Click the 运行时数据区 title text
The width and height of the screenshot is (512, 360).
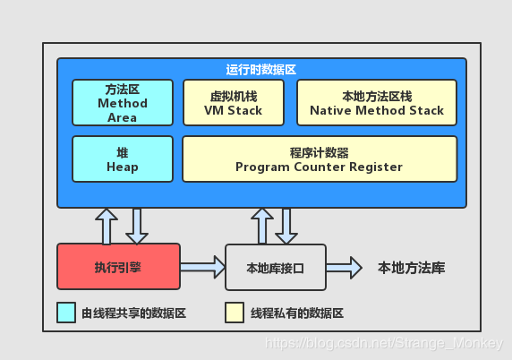pyautogui.click(x=261, y=69)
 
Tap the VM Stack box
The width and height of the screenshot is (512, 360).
pyautogui.click(x=233, y=103)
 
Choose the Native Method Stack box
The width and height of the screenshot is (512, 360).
pyautogui.click(x=376, y=103)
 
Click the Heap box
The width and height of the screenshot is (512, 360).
pyautogui.click(x=122, y=159)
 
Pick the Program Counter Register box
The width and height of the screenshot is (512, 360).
pyautogui.click(x=319, y=159)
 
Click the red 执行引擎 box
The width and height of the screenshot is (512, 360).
pyautogui.click(x=118, y=267)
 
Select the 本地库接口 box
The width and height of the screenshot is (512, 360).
pyautogui.click(x=275, y=267)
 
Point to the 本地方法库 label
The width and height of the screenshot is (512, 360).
pyautogui.click(x=411, y=267)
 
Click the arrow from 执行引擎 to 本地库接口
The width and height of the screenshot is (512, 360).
pyautogui.click(x=203, y=266)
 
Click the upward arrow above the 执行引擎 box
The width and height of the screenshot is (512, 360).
pyautogui.click(x=107, y=226)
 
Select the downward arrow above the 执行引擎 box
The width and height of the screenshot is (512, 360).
pyautogui.click(x=136, y=226)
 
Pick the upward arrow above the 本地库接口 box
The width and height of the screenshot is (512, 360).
pyautogui.click(x=261, y=226)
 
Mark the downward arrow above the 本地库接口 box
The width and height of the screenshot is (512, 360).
pyautogui.click(x=286, y=226)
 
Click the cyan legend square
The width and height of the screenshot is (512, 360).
pyautogui.click(x=66, y=313)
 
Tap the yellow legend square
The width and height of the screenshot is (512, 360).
pyautogui.click(x=235, y=313)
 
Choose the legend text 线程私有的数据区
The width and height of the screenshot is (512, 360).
pyautogui.click(x=296, y=313)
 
